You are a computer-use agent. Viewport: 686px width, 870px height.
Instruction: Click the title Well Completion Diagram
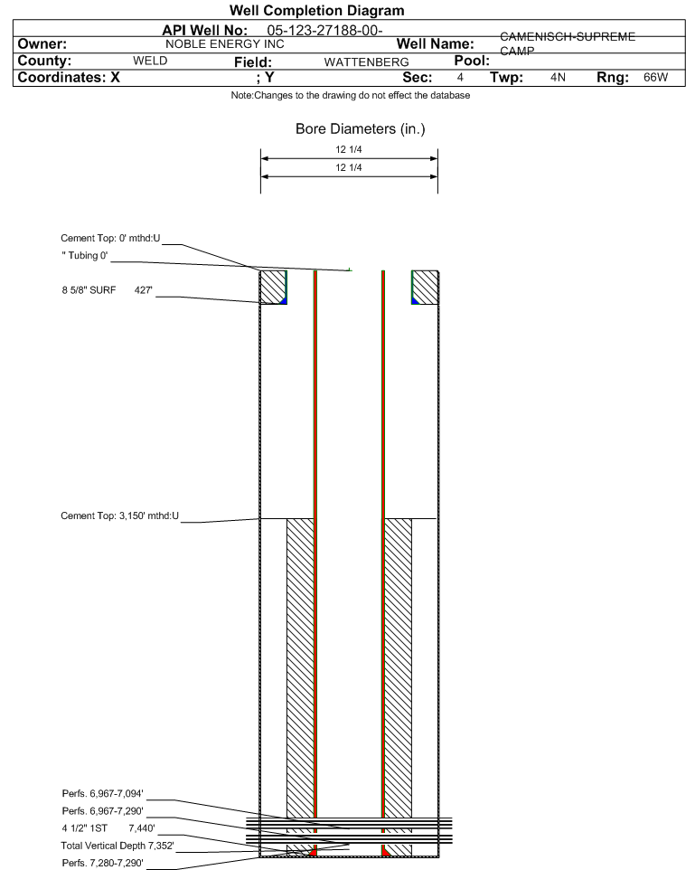(316, 11)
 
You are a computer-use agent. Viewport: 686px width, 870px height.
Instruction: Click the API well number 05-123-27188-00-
(325, 32)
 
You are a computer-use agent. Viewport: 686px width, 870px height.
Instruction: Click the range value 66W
(655, 78)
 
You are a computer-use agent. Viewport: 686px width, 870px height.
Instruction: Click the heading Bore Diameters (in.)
(360, 129)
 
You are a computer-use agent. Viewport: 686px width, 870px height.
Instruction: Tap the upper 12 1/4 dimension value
(349, 149)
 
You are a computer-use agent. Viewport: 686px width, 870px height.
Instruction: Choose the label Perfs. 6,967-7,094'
(101, 793)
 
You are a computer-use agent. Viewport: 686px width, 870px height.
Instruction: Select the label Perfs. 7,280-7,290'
(101, 862)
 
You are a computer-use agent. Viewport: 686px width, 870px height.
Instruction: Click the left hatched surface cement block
(272, 287)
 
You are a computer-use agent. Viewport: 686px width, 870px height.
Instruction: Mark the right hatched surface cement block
(425, 287)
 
